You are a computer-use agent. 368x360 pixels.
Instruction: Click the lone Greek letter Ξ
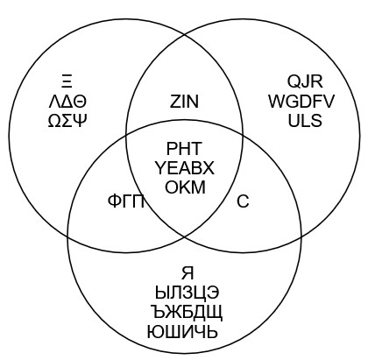[67, 81]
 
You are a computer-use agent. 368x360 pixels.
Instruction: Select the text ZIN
[184, 102]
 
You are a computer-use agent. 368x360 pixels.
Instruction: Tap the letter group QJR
[305, 81]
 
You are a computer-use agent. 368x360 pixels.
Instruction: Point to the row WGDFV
[301, 102]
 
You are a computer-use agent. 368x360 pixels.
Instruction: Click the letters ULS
[305, 121]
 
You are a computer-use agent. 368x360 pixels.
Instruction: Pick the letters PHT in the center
[184, 148]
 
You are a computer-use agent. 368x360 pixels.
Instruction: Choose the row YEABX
[184, 168]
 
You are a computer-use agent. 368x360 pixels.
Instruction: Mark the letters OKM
[185, 187]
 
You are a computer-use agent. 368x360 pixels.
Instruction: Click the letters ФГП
[126, 201]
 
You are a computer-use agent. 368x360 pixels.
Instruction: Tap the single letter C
[243, 201]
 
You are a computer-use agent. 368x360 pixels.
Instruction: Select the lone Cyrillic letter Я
[188, 273]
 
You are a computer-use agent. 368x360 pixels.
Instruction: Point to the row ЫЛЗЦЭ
[187, 293]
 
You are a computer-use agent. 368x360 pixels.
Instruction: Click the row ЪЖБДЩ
[187, 313]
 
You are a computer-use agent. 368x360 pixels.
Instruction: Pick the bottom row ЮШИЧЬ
[182, 332]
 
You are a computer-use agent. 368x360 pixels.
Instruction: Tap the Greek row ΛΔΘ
[67, 102]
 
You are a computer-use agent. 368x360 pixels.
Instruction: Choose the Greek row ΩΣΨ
[67, 121]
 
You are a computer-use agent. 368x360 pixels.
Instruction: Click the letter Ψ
[81, 121]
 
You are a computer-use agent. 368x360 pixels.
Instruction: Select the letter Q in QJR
[294, 81]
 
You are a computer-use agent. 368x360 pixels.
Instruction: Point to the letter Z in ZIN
[174, 102]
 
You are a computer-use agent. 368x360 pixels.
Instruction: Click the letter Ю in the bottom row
[155, 332]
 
